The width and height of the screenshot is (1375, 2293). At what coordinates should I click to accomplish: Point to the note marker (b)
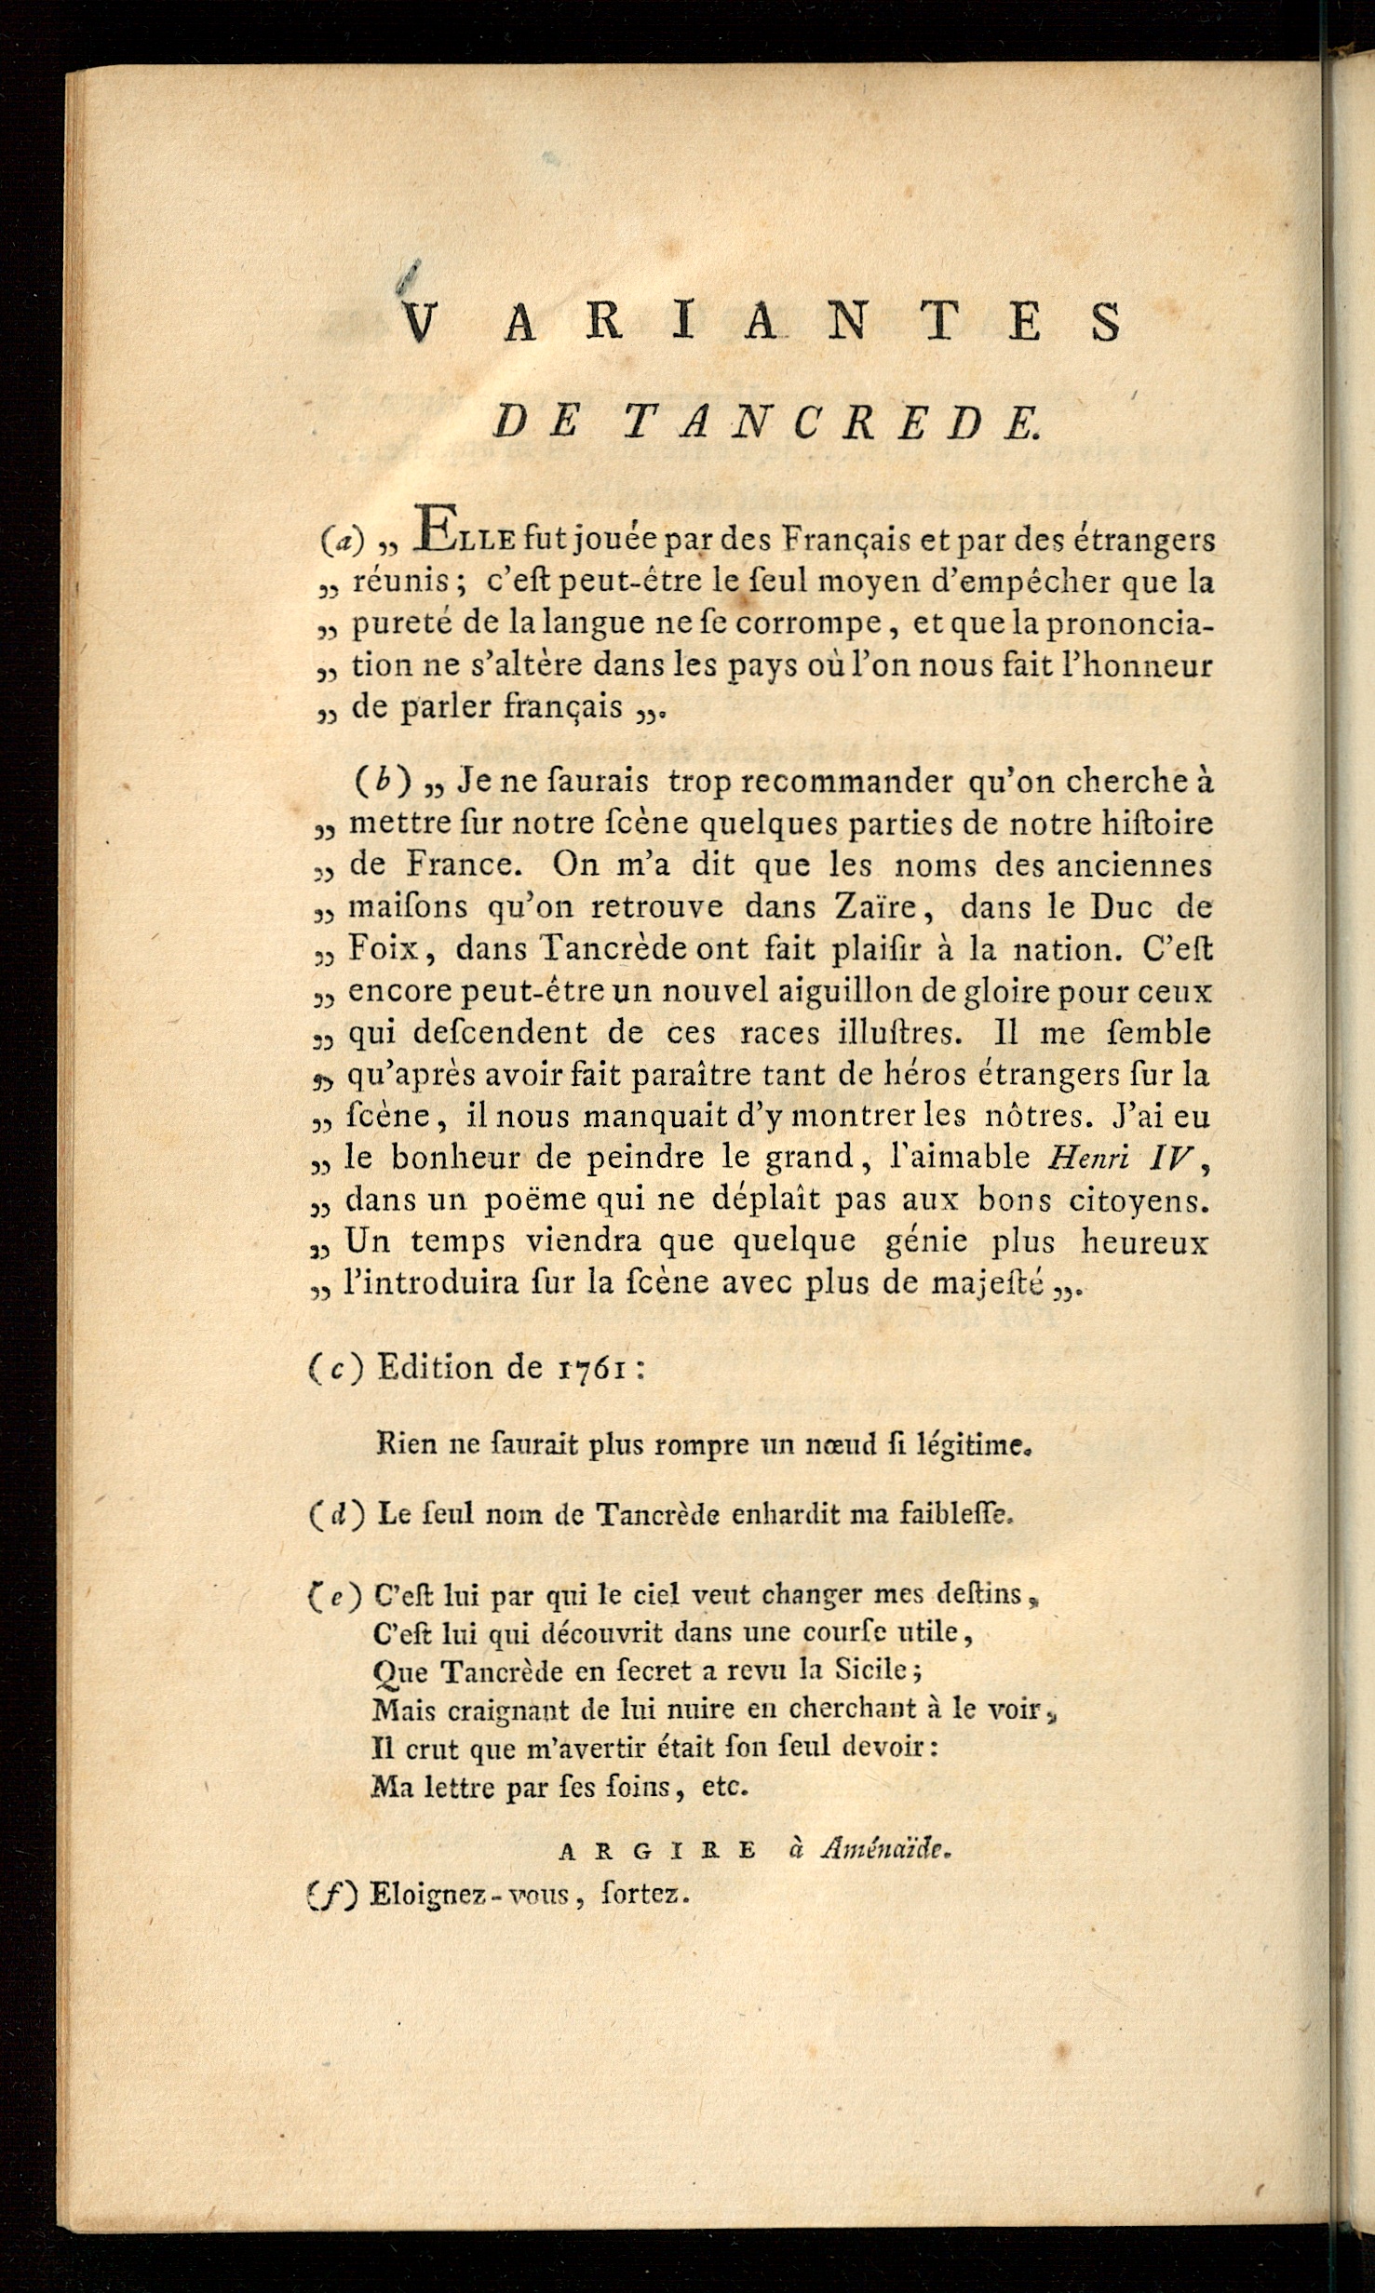coord(383,782)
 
